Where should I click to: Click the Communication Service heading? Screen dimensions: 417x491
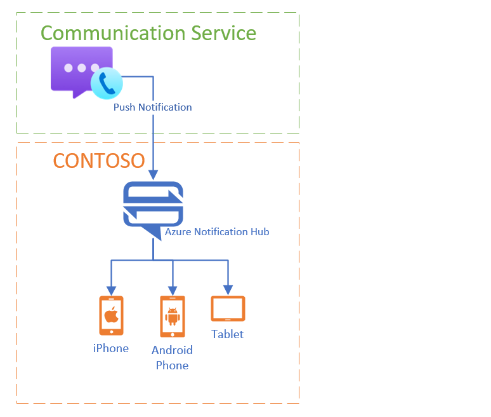coord(148,33)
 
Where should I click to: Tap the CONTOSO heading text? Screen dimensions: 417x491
coord(98,161)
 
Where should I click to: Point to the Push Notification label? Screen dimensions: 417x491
coord(152,107)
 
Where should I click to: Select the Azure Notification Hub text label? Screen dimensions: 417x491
coord(217,232)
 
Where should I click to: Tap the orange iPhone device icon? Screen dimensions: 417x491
coord(111,315)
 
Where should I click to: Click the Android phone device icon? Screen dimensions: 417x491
coord(172,317)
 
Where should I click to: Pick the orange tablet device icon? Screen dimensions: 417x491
coord(228,309)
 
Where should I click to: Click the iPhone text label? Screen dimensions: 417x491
coord(111,348)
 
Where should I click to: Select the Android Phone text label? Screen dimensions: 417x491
coord(172,357)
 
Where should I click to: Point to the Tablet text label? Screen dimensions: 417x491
coord(228,334)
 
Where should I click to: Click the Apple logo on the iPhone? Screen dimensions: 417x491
coord(111,313)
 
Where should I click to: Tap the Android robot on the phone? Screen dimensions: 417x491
coord(172,315)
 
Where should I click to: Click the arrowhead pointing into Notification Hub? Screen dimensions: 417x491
coord(153,175)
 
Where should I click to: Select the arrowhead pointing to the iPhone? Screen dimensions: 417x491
coord(112,288)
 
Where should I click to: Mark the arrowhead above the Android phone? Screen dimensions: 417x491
coord(172,288)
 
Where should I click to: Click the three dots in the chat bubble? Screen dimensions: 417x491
coord(81,68)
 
